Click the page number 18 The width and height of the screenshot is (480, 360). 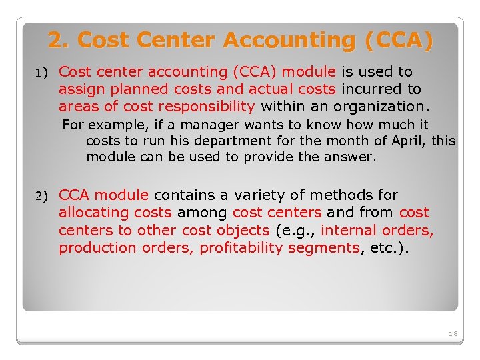click(x=453, y=333)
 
